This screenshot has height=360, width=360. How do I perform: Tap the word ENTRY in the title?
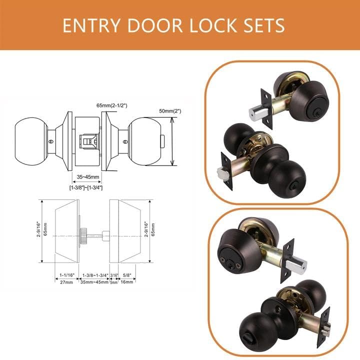click(x=91, y=25)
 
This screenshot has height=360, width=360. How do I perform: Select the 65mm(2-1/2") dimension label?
click(x=112, y=105)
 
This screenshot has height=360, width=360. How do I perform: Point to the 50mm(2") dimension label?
click(x=170, y=111)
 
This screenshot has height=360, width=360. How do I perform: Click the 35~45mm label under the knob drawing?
click(x=88, y=177)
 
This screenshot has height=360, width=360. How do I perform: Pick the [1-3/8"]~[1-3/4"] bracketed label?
click(x=86, y=188)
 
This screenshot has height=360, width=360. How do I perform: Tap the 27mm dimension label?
click(x=66, y=282)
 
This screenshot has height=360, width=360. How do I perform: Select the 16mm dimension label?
click(x=126, y=281)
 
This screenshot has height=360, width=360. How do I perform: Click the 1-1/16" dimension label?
click(x=67, y=275)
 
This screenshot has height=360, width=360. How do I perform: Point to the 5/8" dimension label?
click(x=127, y=275)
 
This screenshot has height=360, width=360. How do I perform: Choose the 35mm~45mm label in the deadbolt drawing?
click(x=94, y=282)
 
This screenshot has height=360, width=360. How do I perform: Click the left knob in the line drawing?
click(x=31, y=141)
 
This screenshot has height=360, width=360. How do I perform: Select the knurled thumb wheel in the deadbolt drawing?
click(x=82, y=236)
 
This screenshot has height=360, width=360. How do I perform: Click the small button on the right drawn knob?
click(x=163, y=141)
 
